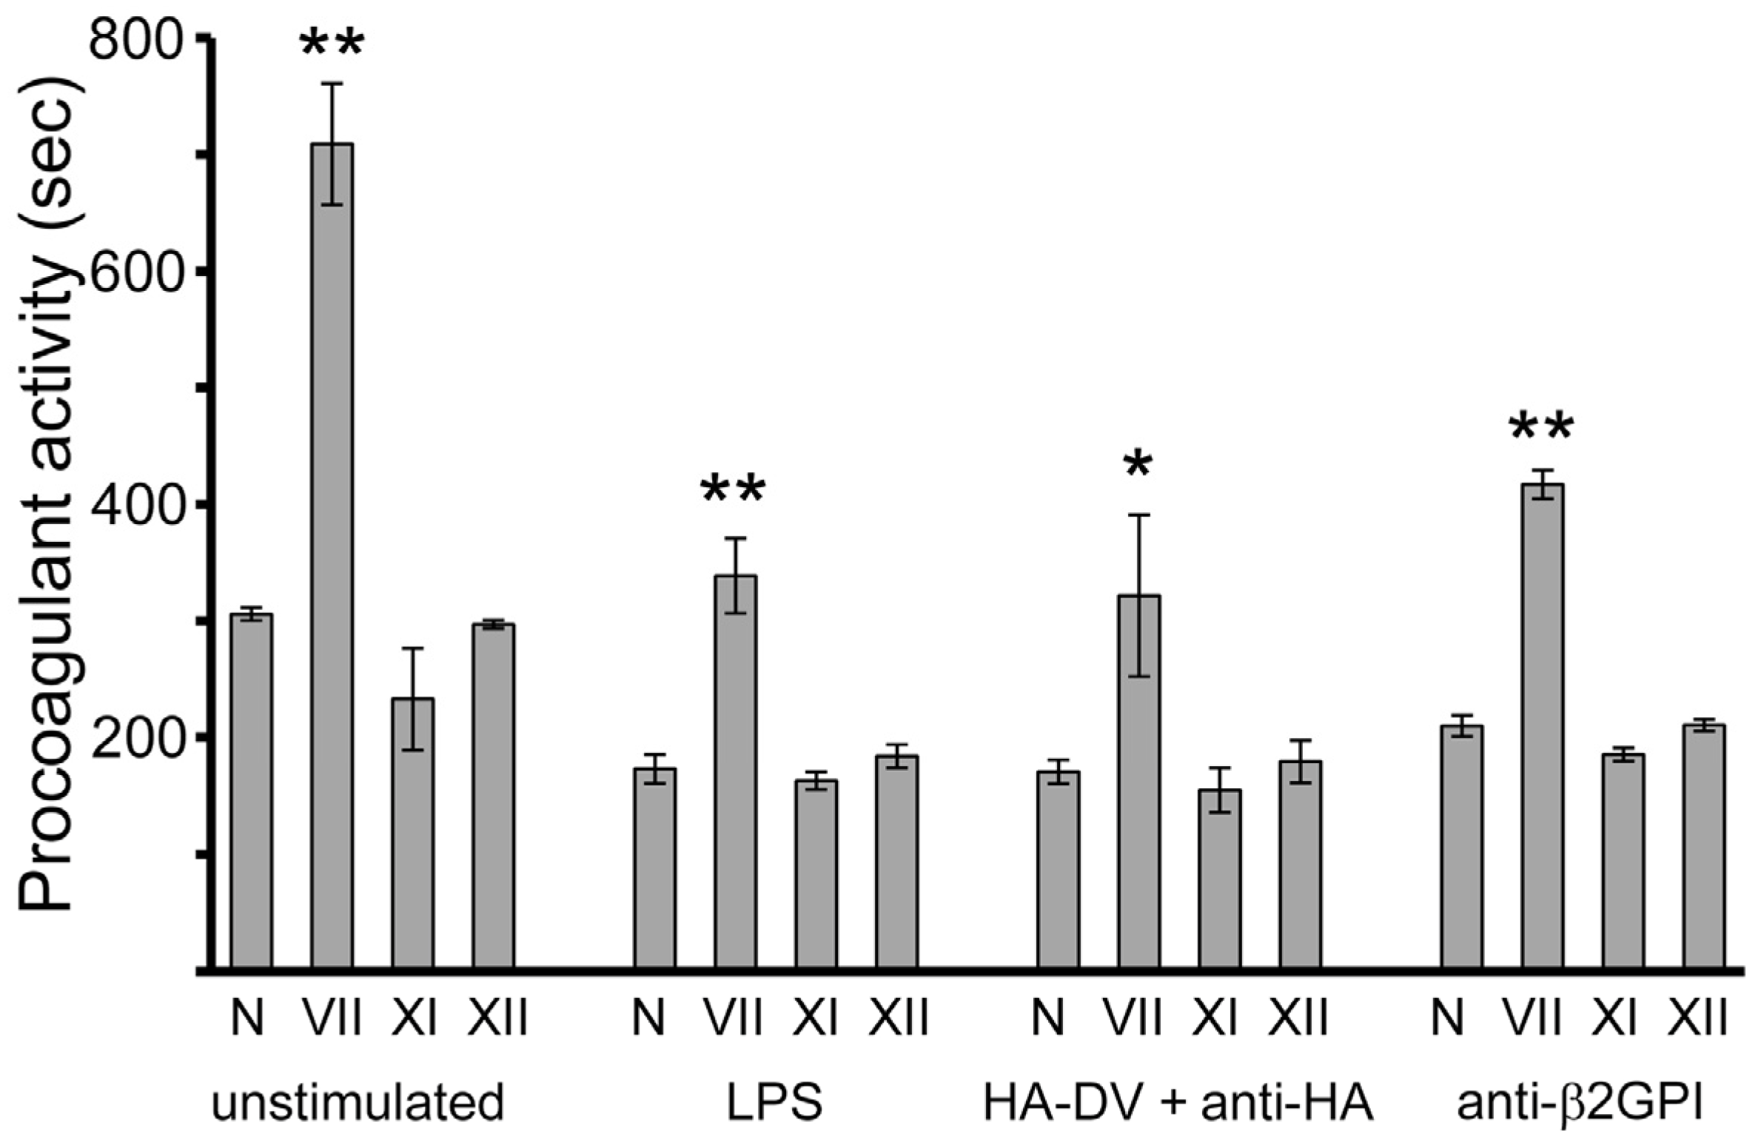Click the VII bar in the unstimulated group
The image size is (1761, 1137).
(x=332, y=555)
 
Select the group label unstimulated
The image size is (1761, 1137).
(x=358, y=1102)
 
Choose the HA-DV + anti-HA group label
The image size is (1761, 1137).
(x=1178, y=1102)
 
